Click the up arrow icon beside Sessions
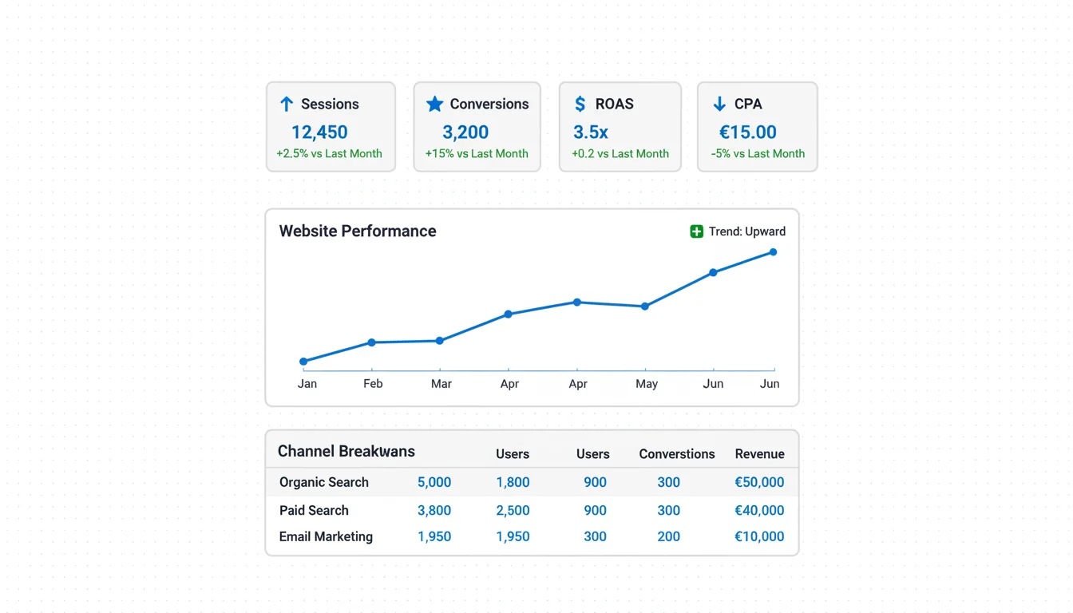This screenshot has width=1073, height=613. point(287,104)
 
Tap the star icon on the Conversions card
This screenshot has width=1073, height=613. point(434,104)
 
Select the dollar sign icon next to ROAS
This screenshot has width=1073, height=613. point(580,104)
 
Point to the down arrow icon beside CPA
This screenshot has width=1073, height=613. point(719,104)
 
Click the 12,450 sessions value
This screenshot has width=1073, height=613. point(319,132)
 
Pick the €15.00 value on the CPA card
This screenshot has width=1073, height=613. point(748,132)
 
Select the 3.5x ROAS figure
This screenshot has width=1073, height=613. point(591,132)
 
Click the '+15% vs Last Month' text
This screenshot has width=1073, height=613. point(477,153)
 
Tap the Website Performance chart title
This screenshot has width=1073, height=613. point(358,231)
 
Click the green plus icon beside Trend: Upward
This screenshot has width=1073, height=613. point(697,231)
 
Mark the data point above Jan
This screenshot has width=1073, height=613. point(303,362)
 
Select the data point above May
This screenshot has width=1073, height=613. point(645,306)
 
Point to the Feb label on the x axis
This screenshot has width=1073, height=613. point(373,384)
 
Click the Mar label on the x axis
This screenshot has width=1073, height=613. point(441,384)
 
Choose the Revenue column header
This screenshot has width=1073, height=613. point(759,454)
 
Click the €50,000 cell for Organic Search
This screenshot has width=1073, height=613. point(759,482)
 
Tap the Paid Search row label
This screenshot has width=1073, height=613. point(314,511)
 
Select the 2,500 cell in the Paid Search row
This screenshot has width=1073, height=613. point(513,511)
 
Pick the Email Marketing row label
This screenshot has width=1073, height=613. point(326,536)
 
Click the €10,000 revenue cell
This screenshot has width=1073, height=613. point(759,536)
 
